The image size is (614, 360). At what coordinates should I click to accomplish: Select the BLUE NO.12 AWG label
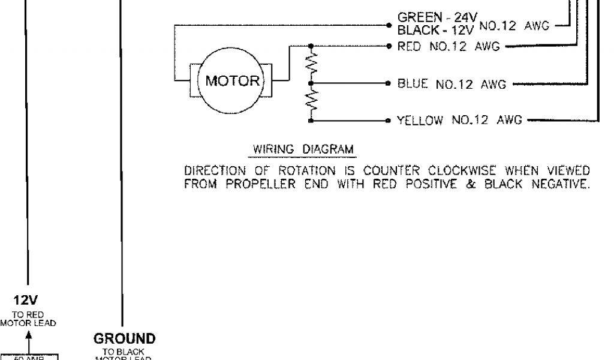[452, 85]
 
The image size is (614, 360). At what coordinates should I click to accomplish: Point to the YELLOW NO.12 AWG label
[459, 122]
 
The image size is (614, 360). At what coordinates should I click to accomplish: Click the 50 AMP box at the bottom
[29, 358]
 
